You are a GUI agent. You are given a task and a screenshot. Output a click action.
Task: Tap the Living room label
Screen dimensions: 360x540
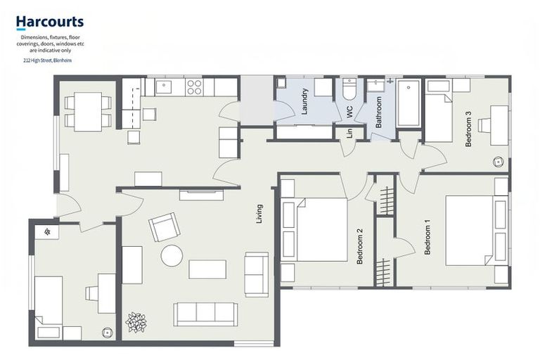point(259,214)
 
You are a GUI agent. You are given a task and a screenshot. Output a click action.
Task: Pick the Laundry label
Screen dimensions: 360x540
point(304,101)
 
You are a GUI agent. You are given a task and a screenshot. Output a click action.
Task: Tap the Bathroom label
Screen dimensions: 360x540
point(379,111)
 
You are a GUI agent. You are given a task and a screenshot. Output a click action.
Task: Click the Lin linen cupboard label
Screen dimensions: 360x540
point(349,133)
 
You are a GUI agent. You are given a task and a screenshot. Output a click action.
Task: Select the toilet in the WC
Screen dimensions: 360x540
point(349,90)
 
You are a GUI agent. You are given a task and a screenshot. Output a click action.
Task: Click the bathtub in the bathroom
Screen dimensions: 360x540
point(408,103)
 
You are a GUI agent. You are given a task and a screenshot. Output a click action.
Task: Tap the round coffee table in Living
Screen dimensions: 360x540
point(172,255)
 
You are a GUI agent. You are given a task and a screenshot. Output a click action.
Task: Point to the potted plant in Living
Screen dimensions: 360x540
point(136,322)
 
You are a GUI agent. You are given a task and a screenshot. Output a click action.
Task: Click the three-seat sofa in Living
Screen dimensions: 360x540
point(206,314)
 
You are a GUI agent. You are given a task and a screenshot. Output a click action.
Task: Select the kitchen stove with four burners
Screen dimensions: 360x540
point(194,87)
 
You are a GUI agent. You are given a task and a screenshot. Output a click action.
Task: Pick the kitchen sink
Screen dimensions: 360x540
point(164,86)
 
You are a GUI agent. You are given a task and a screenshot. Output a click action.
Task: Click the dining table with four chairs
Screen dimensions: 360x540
point(88,112)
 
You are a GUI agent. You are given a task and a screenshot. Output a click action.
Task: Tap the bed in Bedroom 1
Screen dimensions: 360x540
point(471,230)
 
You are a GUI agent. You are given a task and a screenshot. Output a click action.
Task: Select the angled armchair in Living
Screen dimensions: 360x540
point(164,226)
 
